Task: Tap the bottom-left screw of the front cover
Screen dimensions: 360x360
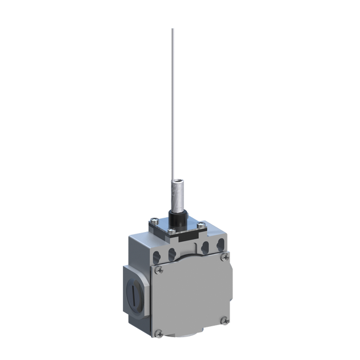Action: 161,332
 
